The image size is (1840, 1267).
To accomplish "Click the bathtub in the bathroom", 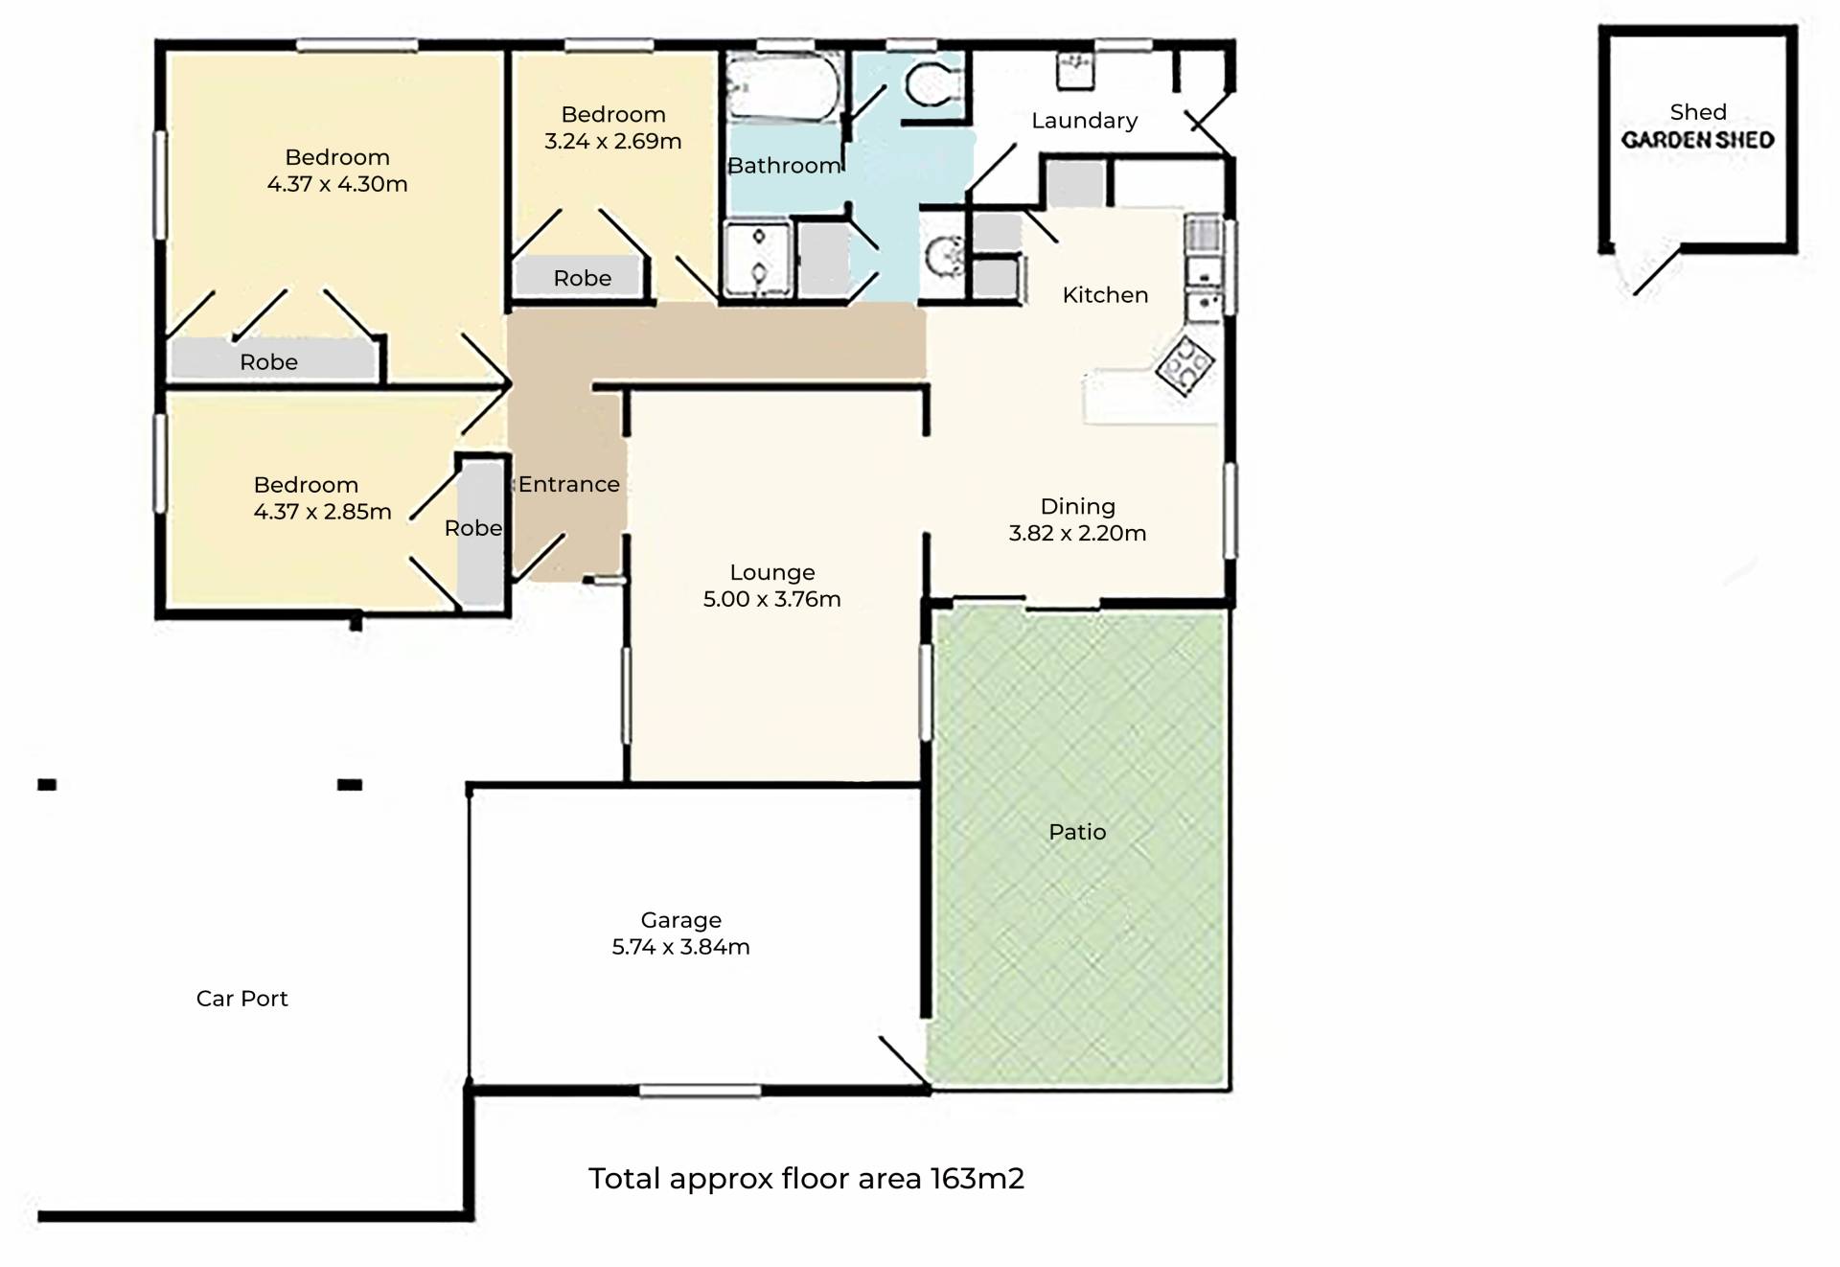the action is (783, 87).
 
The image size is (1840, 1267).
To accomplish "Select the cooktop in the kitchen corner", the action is (1184, 365).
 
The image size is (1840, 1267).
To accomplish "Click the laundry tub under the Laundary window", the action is (1076, 71).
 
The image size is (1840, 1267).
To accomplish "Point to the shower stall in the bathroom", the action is (758, 258).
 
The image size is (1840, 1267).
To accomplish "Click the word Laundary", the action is (1085, 121).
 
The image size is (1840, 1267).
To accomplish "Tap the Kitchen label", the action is (1105, 295).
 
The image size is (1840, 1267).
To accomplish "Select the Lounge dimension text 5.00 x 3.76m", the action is (772, 600).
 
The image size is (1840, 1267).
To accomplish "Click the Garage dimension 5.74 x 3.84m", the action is (681, 947).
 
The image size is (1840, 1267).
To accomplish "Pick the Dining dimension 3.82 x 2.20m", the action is (1078, 534).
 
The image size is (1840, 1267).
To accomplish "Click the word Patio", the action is (1078, 832).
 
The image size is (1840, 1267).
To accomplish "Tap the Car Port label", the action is (242, 999).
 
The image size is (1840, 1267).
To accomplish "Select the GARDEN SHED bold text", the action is (1698, 140).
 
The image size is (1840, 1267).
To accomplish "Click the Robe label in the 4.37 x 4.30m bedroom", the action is (269, 362).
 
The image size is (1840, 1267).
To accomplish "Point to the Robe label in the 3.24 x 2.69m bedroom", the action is (583, 278).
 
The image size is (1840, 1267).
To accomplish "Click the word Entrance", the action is (569, 485).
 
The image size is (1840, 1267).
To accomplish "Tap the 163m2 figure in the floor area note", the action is (977, 1179).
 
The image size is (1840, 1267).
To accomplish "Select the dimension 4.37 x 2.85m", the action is (323, 513).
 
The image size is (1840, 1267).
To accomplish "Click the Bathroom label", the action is (785, 166).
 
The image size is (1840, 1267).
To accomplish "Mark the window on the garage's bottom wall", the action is (700, 1091).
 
